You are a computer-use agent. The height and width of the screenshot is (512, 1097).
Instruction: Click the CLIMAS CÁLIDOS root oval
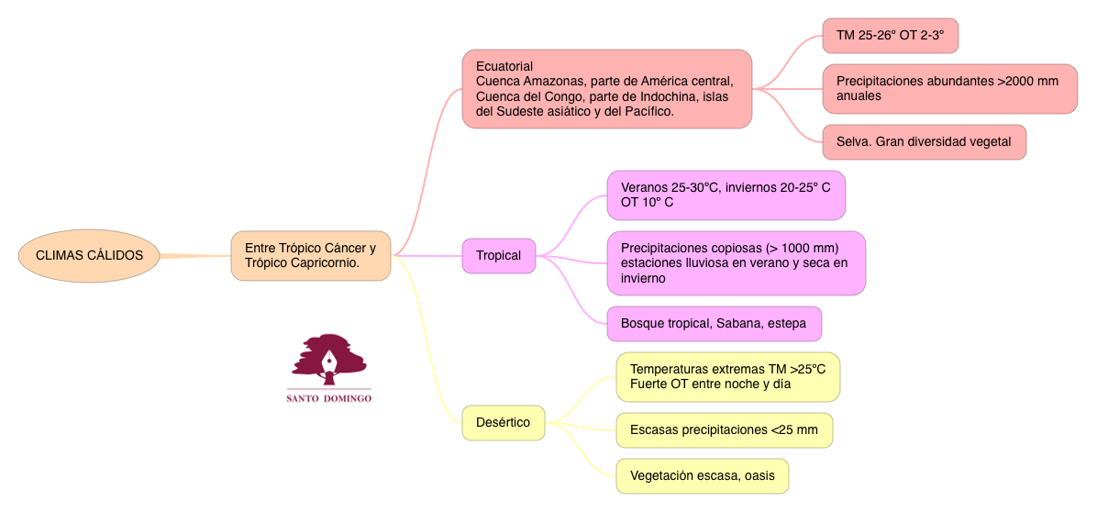coord(89,255)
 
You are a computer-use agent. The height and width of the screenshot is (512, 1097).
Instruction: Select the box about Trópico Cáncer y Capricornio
coord(311,255)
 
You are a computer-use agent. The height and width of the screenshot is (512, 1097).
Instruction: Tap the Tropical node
coord(498,255)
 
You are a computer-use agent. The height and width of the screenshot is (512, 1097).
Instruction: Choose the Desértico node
coord(503,422)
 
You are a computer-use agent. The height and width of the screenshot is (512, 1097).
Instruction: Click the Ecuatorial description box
coord(607,89)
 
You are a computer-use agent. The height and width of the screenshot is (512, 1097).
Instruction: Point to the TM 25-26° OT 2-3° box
coord(890,37)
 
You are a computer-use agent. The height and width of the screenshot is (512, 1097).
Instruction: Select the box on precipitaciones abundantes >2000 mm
coord(949,88)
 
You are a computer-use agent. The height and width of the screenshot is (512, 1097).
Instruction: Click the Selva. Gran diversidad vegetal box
coord(924,141)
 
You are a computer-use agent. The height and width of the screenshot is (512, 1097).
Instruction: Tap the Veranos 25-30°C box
coord(726,195)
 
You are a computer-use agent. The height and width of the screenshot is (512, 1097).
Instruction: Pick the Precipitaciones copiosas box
coord(736,262)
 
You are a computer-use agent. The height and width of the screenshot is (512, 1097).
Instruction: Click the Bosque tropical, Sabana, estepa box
coord(714,323)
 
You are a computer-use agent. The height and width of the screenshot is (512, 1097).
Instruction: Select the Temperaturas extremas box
coord(727,376)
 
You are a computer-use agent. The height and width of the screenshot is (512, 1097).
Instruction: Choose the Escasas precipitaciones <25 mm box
coord(724,429)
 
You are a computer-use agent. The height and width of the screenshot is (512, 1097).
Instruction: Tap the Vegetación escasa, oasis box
coord(702,475)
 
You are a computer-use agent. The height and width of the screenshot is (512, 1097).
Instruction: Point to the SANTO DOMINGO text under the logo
coord(328,399)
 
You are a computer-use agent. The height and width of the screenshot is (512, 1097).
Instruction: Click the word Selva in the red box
coord(852,141)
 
